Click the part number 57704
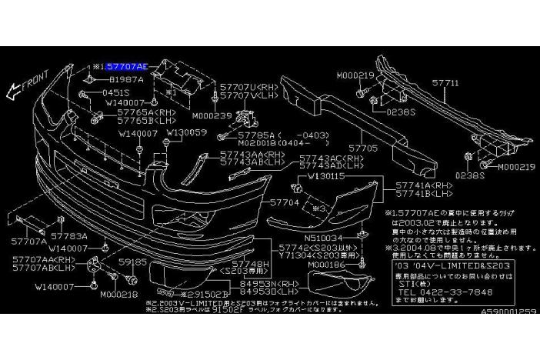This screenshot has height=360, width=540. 283,202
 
